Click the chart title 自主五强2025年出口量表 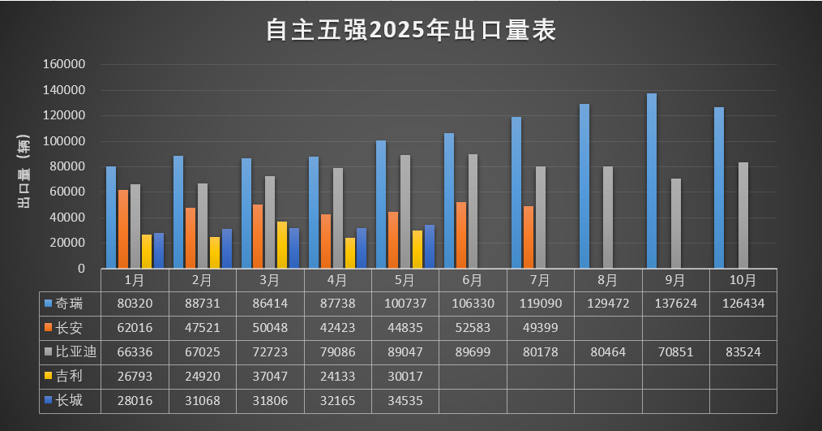point(411,31)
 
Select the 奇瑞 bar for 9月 point(651,181)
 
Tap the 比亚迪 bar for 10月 point(743,215)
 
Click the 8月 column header point(607,280)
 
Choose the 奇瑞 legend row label point(70,304)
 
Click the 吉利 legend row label point(70,376)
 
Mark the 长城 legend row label point(70,400)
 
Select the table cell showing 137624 point(675,304)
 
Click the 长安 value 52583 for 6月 point(473,328)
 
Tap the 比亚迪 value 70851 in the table point(675,352)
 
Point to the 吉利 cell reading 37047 point(270,376)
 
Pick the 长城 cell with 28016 point(135,400)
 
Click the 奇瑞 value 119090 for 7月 point(540,304)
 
